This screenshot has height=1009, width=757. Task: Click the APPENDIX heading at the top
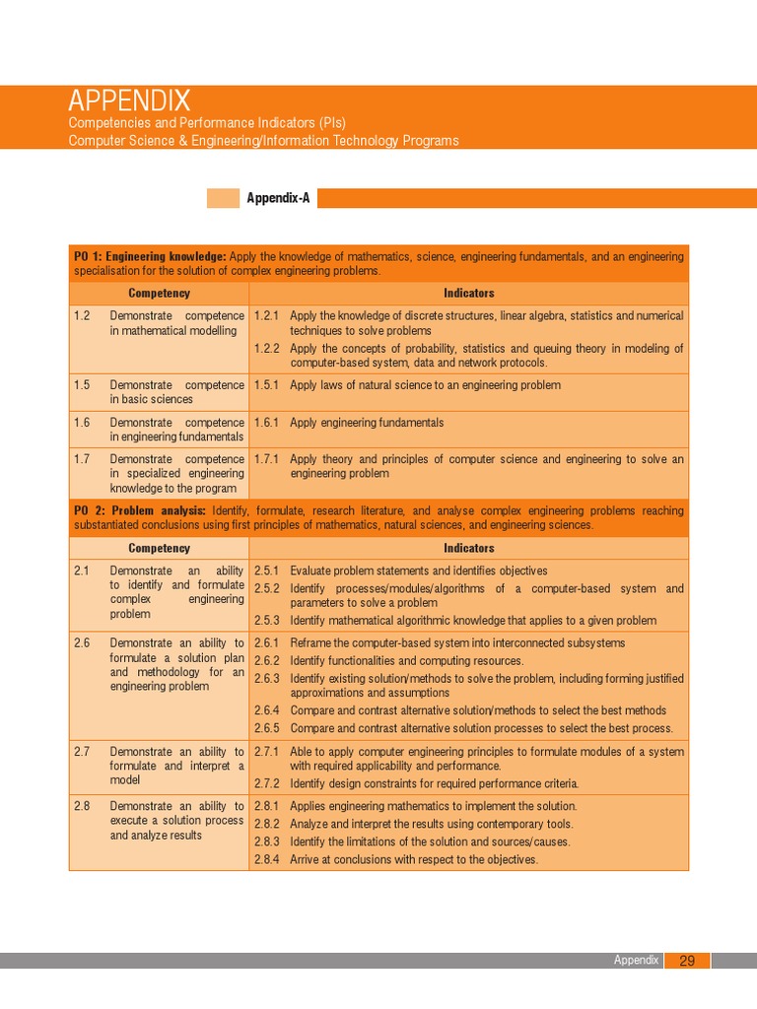pyautogui.click(x=129, y=101)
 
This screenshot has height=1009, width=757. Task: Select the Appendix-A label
pyautogui.click(x=278, y=198)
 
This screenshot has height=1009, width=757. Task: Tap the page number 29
pyautogui.click(x=687, y=961)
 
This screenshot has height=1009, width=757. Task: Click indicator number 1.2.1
pyautogui.click(x=267, y=316)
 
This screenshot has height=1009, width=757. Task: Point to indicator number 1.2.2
pyautogui.click(x=267, y=348)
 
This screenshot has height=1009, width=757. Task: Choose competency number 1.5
pyautogui.click(x=82, y=385)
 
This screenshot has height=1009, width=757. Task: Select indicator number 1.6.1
pyautogui.click(x=267, y=423)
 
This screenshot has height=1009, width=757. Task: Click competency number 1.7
pyautogui.click(x=82, y=459)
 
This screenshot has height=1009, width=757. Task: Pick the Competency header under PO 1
pyautogui.click(x=159, y=293)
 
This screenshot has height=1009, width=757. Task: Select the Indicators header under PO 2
pyautogui.click(x=468, y=548)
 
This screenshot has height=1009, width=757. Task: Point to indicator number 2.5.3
pyautogui.click(x=267, y=621)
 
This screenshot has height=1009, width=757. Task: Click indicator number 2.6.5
pyautogui.click(x=267, y=728)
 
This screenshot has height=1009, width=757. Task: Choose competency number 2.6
pyautogui.click(x=82, y=643)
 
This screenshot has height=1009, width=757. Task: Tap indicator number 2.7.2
pyautogui.click(x=267, y=783)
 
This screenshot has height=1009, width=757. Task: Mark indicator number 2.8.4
pyautogui.click(x=267, y=859)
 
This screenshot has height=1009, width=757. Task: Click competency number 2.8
pyautogui.click(x=82, y=806)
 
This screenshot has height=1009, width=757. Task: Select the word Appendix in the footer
pyautogui.click(x=636, y=961)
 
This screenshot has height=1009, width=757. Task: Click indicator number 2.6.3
pyautogui.click(x=267, y=679)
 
